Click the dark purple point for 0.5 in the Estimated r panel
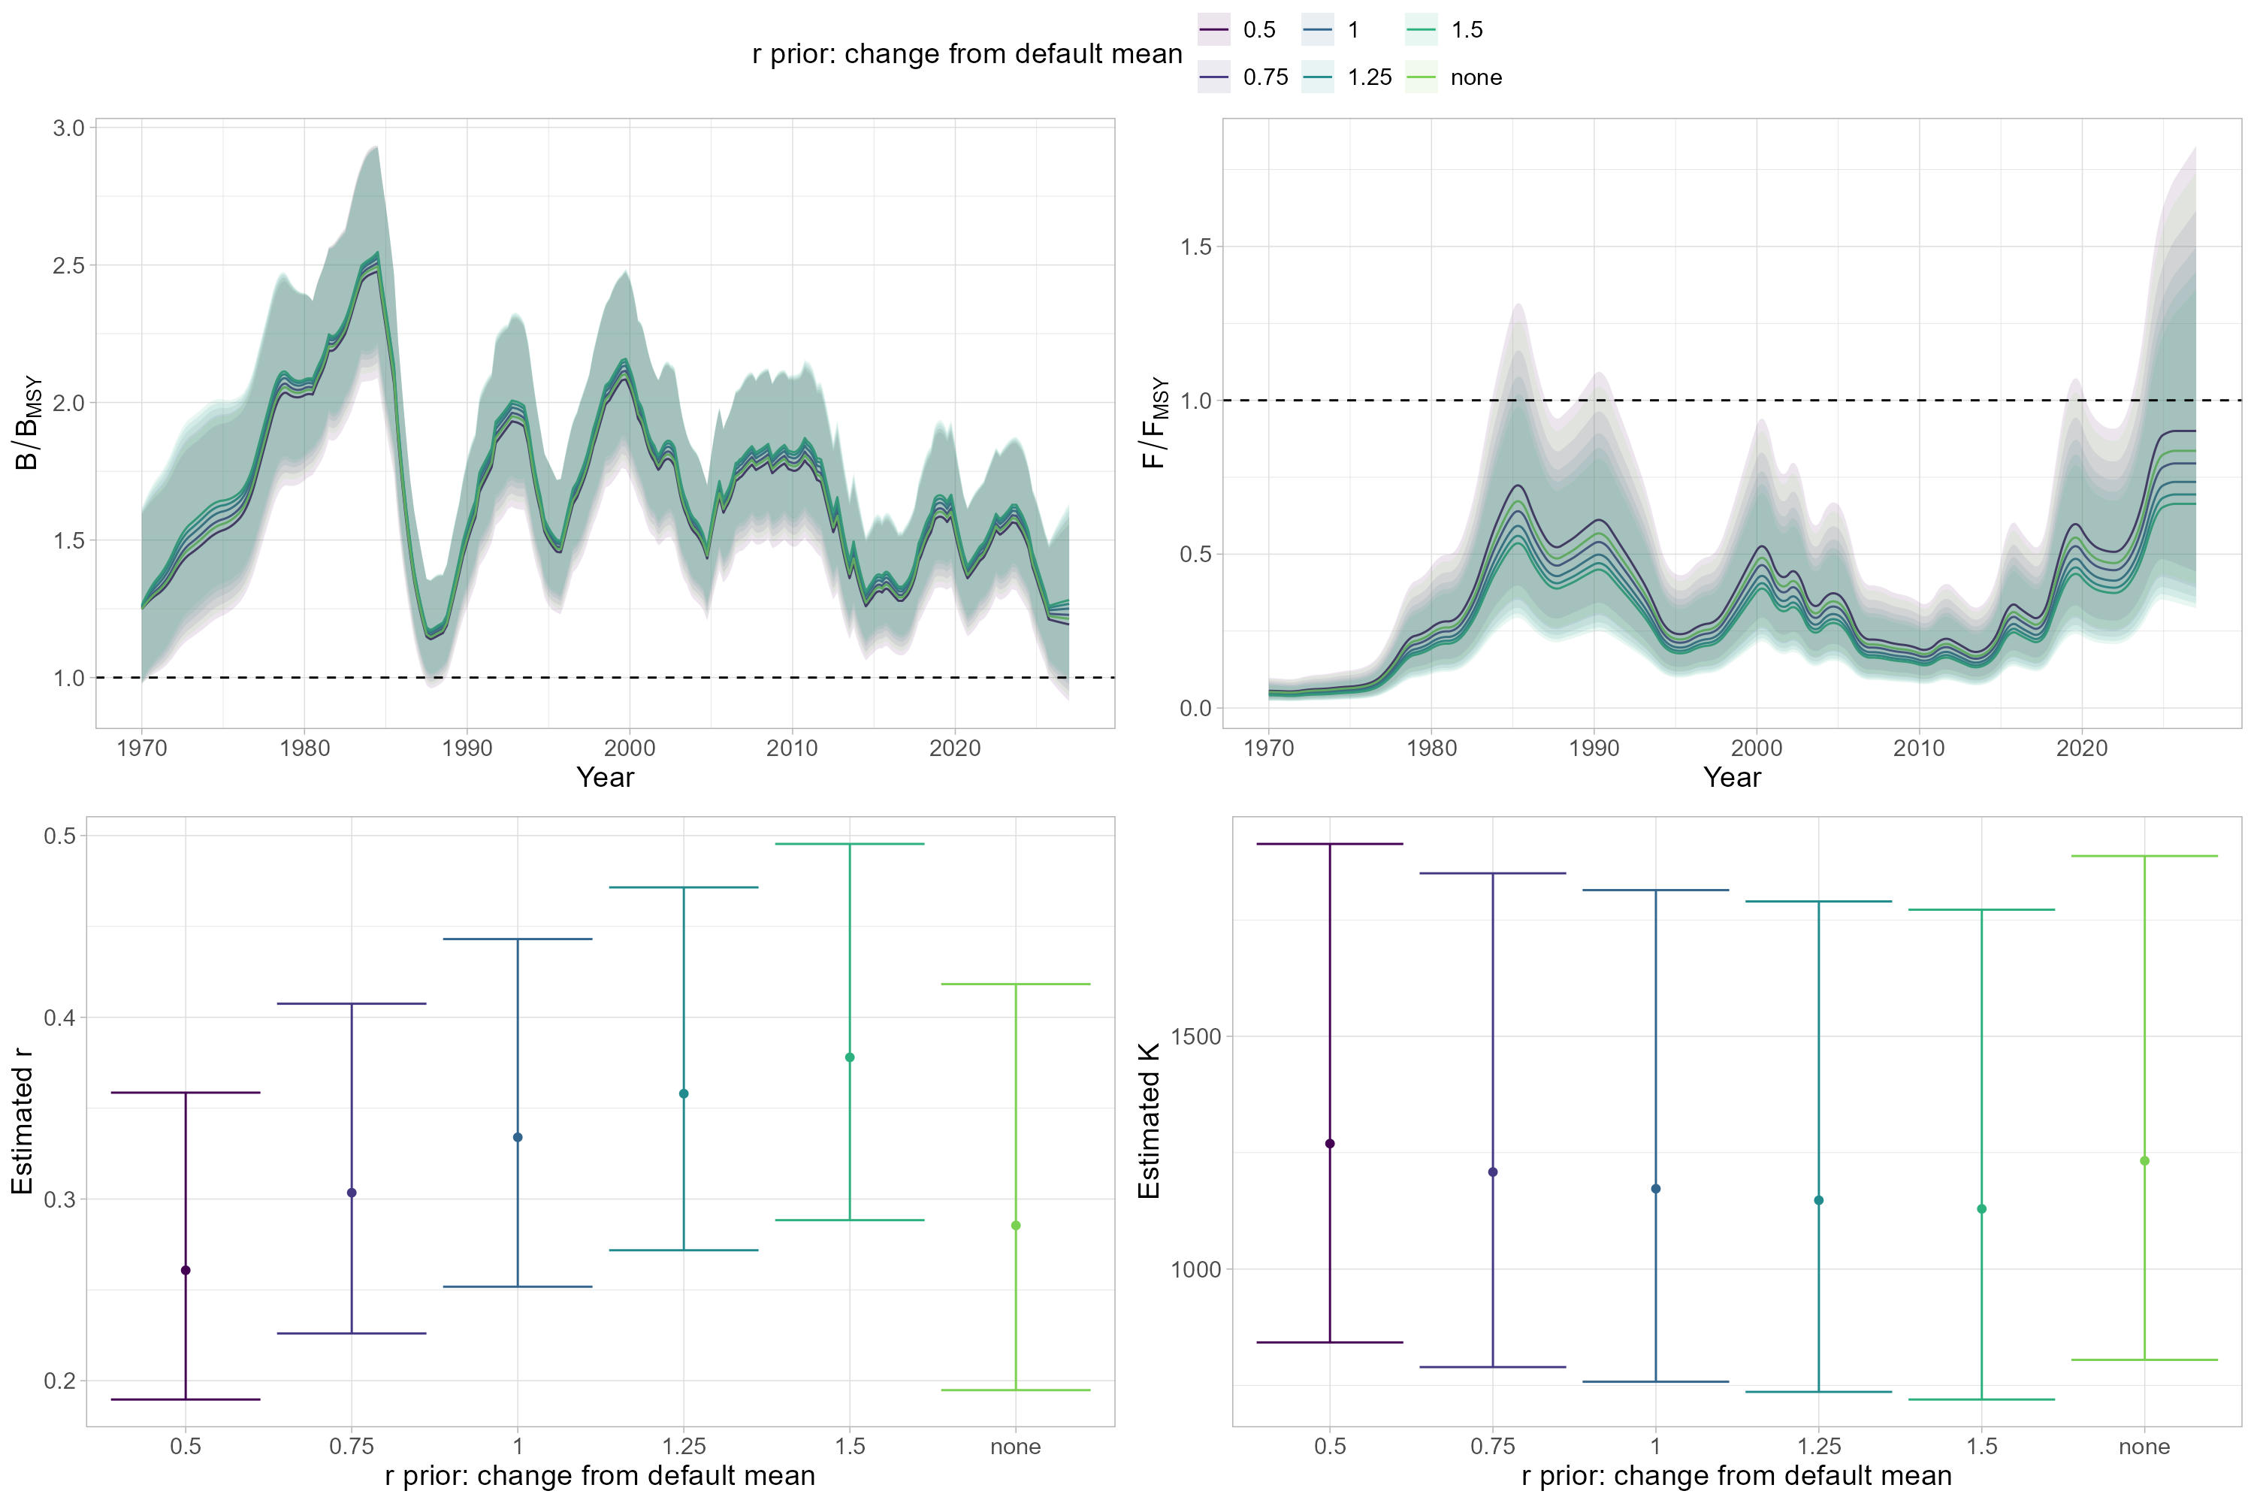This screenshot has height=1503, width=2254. (x=186, y=1270)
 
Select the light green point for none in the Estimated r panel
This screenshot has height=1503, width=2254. (x=1016, y=1225)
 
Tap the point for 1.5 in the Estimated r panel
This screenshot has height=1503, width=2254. (x=850, y=1057)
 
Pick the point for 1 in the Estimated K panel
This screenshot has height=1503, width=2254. (x=1656, y=1189)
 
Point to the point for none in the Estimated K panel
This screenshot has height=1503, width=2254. (x=2145, y=1161)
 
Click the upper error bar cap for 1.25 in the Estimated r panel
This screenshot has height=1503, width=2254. (x=683, y=888)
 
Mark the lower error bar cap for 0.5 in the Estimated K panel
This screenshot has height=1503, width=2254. (x=1329, y=1342)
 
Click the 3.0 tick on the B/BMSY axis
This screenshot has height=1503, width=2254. (x=69, y=129)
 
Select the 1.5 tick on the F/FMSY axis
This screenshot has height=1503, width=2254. (x=1196, y=247)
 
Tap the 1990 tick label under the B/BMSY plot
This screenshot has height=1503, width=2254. (x=467, y=748)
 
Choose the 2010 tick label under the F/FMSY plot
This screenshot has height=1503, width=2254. (x=1919, y=748)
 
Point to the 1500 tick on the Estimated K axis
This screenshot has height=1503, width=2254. (x=1196, y=1037)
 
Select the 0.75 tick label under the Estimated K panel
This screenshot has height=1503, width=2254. (x=1493, y=1447)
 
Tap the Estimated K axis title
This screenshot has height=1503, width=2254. (x=1149, y=1121)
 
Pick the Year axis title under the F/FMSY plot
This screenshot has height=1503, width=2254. (x=1732, y=777)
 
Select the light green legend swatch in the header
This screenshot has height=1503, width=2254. (x=1422, y=77)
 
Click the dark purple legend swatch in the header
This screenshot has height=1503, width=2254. (x=1214, y=30)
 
